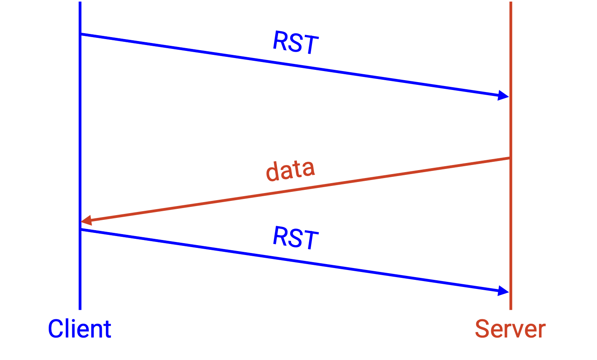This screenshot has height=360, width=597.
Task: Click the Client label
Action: click(79, 329)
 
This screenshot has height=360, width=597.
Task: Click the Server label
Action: click(510, 329)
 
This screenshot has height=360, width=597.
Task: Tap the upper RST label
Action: click(296, 42)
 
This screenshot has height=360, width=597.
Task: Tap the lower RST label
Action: click(296, 237)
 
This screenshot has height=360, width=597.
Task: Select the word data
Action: click(291, 171)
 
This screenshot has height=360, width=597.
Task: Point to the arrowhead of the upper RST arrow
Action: click(504, 96)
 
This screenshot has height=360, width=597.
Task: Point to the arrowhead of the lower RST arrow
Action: click(504, 291)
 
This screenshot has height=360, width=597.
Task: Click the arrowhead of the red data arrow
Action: click(86, 220)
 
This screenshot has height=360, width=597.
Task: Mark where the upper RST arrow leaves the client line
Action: click(80, 34)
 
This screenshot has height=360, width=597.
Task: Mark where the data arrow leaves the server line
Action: click(511, 158)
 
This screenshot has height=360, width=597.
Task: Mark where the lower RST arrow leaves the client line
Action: click(80, 229)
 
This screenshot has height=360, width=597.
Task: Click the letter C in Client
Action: click(55, 329)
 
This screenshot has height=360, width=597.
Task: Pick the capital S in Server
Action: click(482, 329)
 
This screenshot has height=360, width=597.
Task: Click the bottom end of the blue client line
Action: click(80, 309)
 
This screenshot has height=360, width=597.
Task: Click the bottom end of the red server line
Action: click(511, 309)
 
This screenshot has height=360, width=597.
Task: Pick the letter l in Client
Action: click(66, 328)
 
